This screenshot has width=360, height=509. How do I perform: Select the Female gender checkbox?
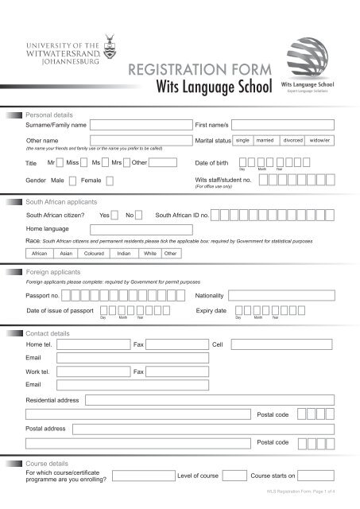[x=110, y=181]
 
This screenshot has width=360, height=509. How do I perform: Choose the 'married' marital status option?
[x=265, y=140]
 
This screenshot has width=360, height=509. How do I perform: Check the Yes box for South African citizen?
[x=116, y=216]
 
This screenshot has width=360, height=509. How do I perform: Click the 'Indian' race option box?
[x=123, y=253]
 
